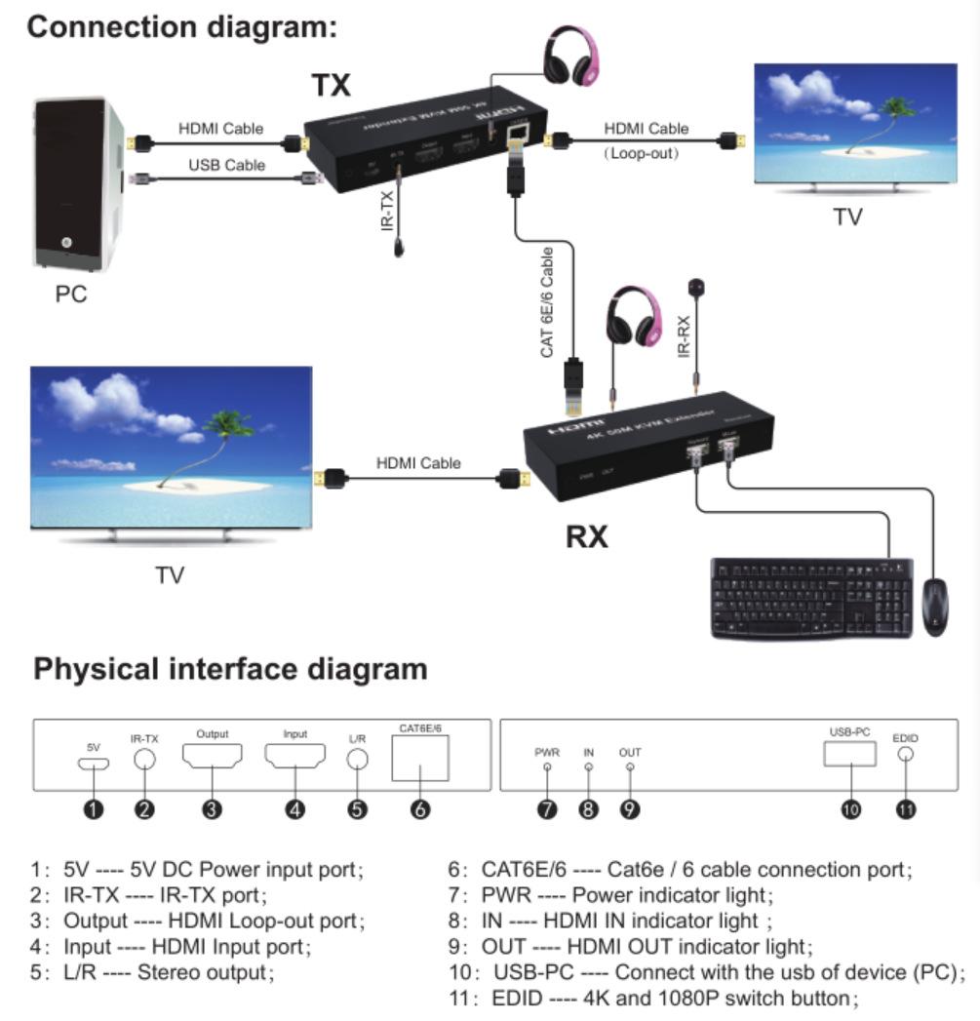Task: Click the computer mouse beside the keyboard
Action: tap(933, 606)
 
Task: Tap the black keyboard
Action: tap(810, 598)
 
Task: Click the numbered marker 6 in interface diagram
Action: tap(420, 808)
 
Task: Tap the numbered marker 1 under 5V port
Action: tap(94, 808)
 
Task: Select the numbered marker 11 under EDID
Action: tap(906, 808)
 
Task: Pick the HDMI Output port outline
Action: tap(213, 757)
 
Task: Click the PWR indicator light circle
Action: tap(547, 767)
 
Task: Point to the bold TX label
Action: tap(331, 86)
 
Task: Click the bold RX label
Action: tap(587, 535)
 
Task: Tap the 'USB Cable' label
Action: tap(226, 165)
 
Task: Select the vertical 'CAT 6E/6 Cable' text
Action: tap(548, 301)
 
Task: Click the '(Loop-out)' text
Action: tap(641, 153)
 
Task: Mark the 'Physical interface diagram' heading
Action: tap(230, 669)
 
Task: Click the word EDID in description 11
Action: tap(516, 998)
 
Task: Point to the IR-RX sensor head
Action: tap(695, 288)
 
